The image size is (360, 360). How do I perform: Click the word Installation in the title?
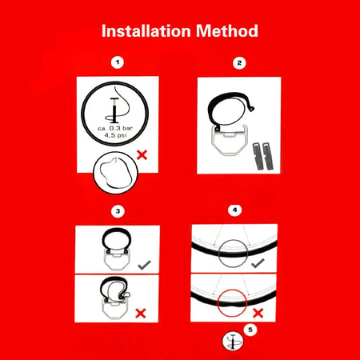pyautogui.click(x=146, y=31)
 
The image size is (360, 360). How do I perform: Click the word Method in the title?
pyautogui.click(x=227, y=31)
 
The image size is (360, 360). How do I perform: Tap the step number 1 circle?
pyautogui.click(x=118, y=63)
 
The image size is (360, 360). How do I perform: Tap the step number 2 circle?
pyautogui.click(x=239, y=63)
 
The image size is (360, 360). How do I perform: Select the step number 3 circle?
pyautogui.click(x=118, y=211)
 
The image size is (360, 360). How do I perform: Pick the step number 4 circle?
pyautogui.click(x=234, y=210)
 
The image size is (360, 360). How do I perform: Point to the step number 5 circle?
pyautogui.click(x=250, y=330)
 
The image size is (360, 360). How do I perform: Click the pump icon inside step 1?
pyautogui.click(x=114, y=110)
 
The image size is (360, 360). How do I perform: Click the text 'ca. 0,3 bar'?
pyautogui.click(x=115, y=128)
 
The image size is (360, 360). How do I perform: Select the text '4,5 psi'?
pyautogui.click(x=115, y=135)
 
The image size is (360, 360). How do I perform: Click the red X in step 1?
pyautogui.click(x=142, y=155)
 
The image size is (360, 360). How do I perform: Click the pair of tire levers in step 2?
pyautogui.click(x=263, y=156)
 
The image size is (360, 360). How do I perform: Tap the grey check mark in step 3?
pyautogui.click(x=145, y=265)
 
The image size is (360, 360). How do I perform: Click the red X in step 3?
pyautogui.click(x=141, y=314)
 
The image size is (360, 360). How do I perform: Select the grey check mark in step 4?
pyautogui.click(x=258, y=263)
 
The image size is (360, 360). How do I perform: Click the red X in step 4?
pyautogui.click(x=258, y=313)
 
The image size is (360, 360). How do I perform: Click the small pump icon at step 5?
pyautogui.click(x=233, y=342)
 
